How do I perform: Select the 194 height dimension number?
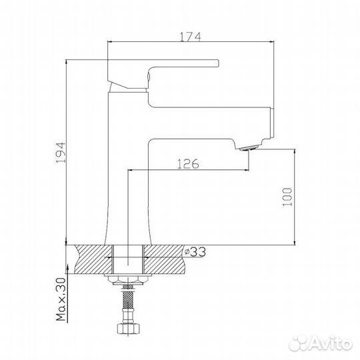62,153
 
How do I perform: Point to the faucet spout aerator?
248,148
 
